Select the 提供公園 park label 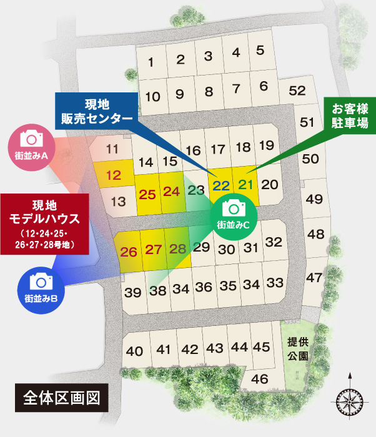pos(297,349)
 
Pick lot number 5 pos(260,49)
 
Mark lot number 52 pos(297,91)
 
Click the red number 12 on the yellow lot pos(114,175)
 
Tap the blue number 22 pos(220,185)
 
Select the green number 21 pos(247,184)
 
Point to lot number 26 pos(129,252)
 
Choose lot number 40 pos(135,351)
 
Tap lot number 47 pos(315,277)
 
